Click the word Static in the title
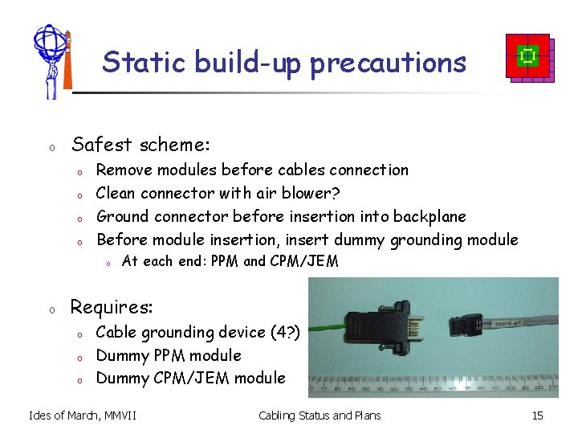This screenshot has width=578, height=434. click(130, 62)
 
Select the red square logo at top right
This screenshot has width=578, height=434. click(528, 57)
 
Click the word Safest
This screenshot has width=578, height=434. click(103, 145)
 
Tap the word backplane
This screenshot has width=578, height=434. click(426, 216)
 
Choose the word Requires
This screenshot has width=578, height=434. click(111, 307)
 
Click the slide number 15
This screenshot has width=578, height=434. click(538, 416)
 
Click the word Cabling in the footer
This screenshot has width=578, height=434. click(279, 416)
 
